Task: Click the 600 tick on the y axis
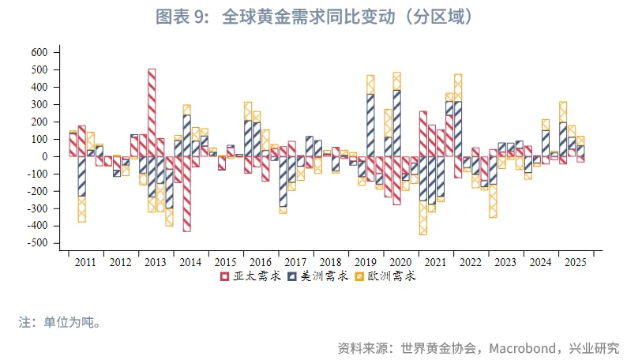(x=39, y=52)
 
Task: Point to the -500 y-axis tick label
(x=37, y=243)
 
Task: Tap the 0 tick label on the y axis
(x=45, y=156)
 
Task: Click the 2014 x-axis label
(x=190, y=262)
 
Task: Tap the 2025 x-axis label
(x=575, y=262)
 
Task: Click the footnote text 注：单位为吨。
(x=60, y=322)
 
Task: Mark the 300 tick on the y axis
(x=39, y=104)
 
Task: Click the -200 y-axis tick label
(x=37, y=191)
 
